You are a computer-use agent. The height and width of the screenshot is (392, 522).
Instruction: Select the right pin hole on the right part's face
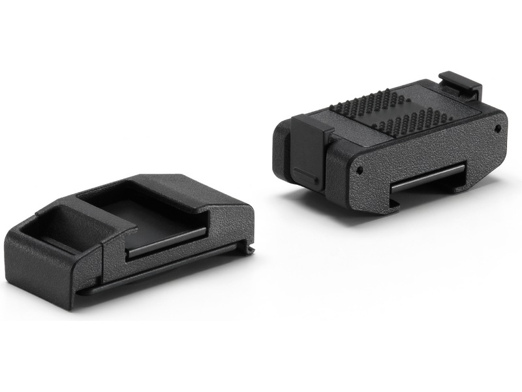tap(498, 129)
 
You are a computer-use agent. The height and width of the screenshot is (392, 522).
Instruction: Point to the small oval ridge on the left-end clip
tap(303, 172)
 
